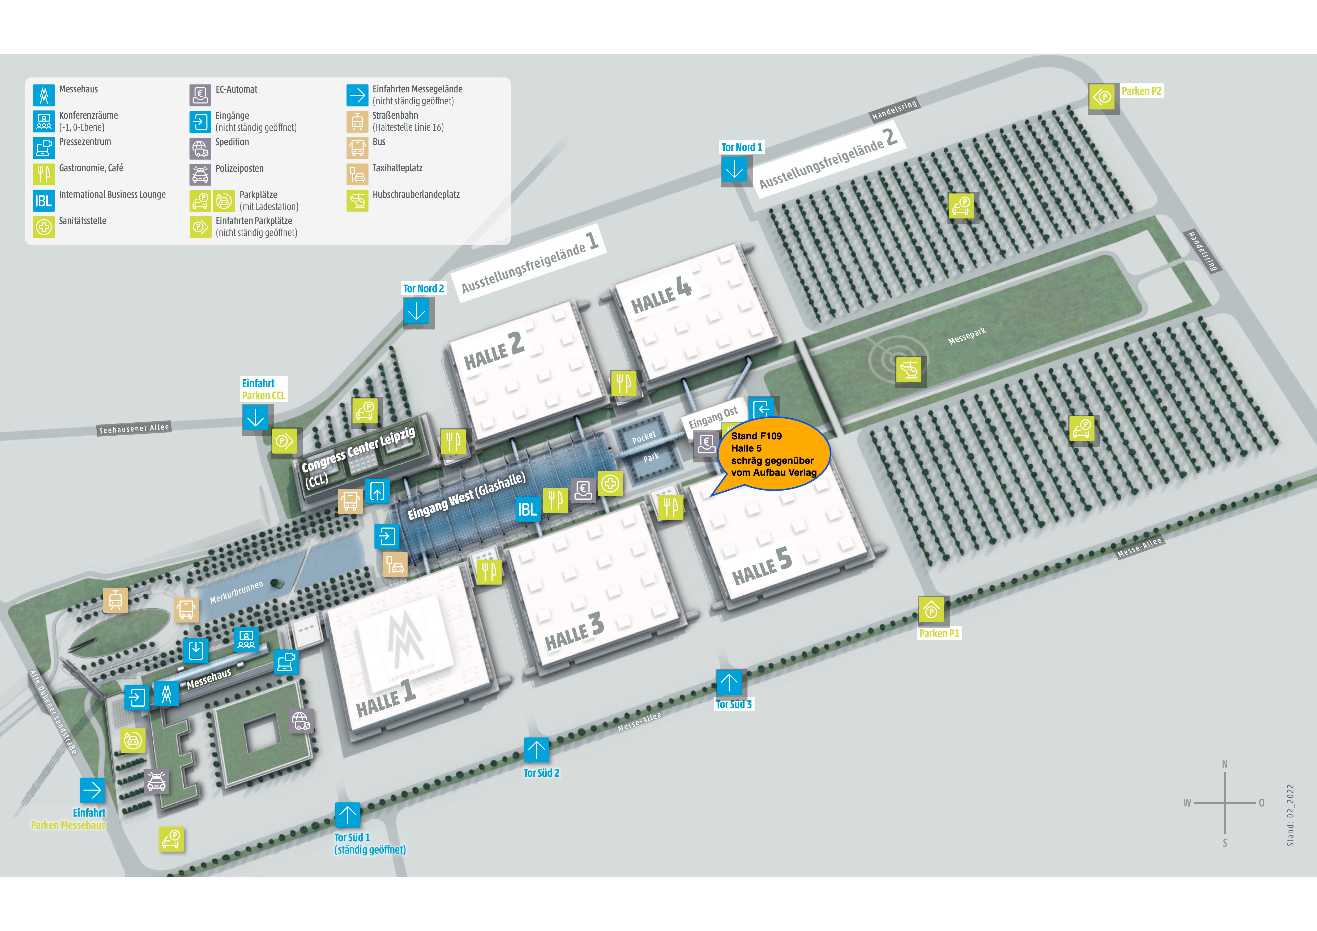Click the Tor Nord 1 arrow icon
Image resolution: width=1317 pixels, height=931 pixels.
tap(734, 170)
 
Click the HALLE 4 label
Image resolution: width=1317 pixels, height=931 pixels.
tap(661, 295)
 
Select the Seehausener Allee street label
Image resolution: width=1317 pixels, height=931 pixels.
tap(134, 428)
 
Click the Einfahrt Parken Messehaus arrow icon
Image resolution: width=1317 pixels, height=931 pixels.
tap(92, 791)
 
